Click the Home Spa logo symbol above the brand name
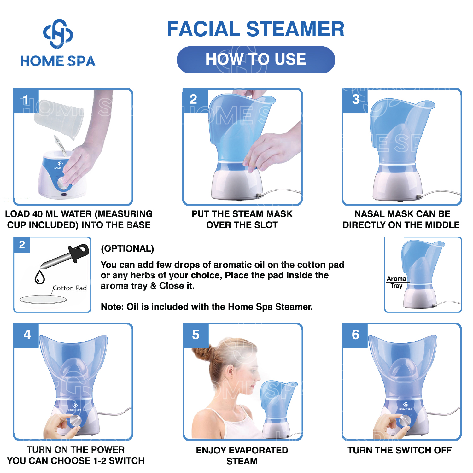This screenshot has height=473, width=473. point(58,34)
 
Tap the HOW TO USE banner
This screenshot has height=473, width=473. point(256,60)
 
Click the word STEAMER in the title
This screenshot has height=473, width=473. point(295,29)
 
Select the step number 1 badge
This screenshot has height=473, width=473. point(26,101)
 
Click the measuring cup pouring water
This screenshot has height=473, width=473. point(59,119)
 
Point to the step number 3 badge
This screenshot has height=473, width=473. point(355,100)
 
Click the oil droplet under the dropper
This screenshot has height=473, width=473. point(40,277)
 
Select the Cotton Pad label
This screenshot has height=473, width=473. point(70,288)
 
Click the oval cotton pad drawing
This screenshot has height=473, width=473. point(43,299)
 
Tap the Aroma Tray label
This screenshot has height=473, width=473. point(396,282)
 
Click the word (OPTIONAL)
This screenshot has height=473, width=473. point(127,248)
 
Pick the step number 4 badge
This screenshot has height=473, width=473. point(27,335)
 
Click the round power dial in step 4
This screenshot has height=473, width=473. point(75,420)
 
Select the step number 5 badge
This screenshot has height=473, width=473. point(196,335)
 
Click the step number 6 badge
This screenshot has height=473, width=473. point(355,335)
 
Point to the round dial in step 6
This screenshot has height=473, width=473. point(405,420)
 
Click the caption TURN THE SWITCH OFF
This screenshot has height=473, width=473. point(400,450)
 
